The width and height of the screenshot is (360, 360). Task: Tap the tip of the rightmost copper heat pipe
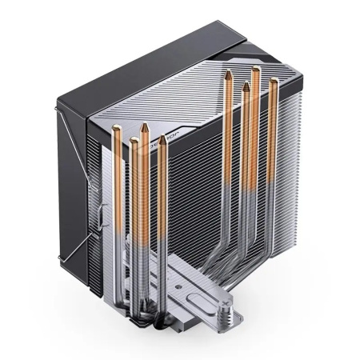coord(274,82)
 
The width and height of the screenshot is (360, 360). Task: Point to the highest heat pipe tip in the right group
coord(255,70)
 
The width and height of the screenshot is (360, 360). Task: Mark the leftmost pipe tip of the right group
coord(230,74)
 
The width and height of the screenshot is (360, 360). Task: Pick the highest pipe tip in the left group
coord(143,126)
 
